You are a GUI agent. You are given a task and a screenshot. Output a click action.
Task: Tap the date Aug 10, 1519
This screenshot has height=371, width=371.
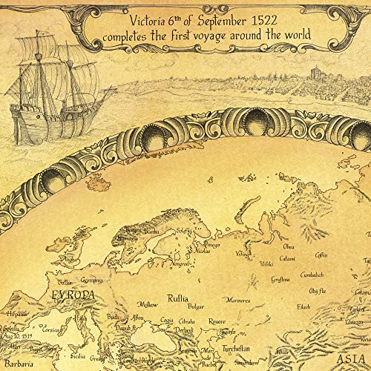tap(16, 335)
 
